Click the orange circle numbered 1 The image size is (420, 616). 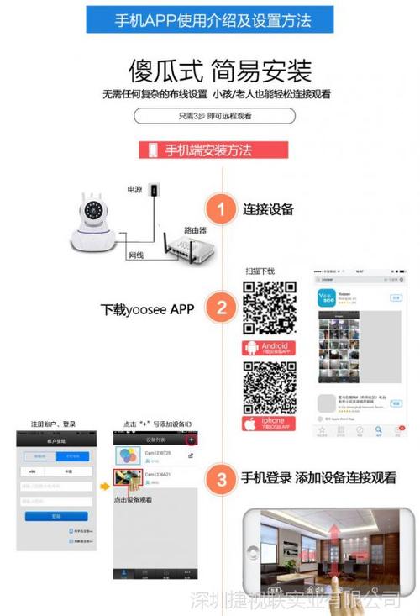pyautogui.click(x=221, y=209)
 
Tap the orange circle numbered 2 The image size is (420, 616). pyautogui.click(x=221, y=308)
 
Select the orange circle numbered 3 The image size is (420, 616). pyautogui.click(x=221, y=478)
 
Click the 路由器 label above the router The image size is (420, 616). pyautogui.click(x=196, y=229)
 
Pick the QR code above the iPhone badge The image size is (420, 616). pyautogui.click(x=269, y=387)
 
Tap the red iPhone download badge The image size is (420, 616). pyautogui.click(x=269, y=423)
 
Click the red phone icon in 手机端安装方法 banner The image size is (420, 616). pyautogui.click(x=153, y=150)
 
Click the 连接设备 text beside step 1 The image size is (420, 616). pyautogui.click(x=268, y=209)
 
